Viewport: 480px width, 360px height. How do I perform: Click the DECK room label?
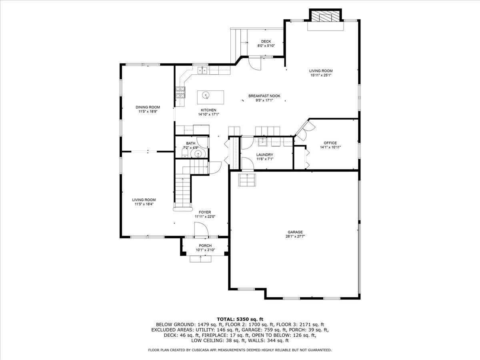[266, 41]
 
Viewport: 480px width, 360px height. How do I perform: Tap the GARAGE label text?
[295, 232]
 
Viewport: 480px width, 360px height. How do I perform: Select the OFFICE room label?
[330, 143]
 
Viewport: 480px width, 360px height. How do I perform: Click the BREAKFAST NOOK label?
[264, 96]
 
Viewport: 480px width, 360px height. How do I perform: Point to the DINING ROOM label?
[148, 107]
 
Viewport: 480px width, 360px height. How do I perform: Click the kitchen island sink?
[206, 95]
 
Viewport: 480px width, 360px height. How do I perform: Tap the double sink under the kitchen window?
[202, 70]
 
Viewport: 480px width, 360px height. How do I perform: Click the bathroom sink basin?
[198, 154]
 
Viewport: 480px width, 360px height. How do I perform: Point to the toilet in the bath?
[185, 153]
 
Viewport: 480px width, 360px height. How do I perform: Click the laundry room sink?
[262, 142]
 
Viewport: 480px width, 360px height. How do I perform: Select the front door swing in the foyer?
[201, 230]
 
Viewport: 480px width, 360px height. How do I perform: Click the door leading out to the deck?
[255, 63]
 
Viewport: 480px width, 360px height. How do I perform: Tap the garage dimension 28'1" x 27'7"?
[295, 236]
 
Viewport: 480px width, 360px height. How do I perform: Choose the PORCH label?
[205, 246]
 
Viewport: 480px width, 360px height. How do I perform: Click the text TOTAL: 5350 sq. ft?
[240, 319]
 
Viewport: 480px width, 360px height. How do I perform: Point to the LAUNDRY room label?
[265, 155]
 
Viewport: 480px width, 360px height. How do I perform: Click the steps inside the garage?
[247, 180]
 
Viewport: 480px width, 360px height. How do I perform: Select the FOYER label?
[205, 212]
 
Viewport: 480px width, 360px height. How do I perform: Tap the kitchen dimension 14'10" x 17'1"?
[208, 114]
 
